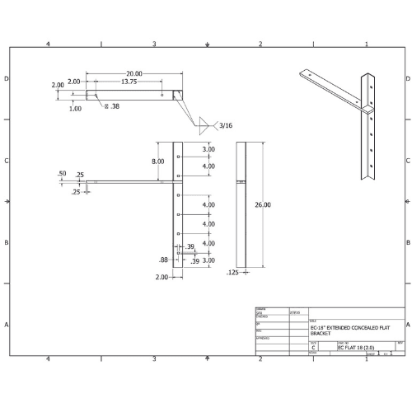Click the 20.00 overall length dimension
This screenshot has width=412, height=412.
tap(133, 73)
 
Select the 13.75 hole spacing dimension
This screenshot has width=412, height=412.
tap(129, 82)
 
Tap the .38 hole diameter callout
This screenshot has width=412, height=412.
tap(111, 106)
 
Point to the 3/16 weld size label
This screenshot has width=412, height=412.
tap(225, 125)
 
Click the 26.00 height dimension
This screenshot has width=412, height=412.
tap(262, 204)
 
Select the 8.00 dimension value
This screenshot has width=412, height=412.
tap(157, 162)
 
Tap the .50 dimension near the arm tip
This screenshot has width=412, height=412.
tap(62, 174)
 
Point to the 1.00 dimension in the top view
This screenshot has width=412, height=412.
tap(75, 108)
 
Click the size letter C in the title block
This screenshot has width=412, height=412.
tap(313, 349)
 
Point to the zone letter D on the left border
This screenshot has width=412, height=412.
tap(7, 79)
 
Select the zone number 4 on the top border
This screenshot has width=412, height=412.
tap(49, 44)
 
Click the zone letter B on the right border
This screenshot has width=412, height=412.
tap(407, 243)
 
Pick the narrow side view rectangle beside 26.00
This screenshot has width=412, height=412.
tap(241, 204)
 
